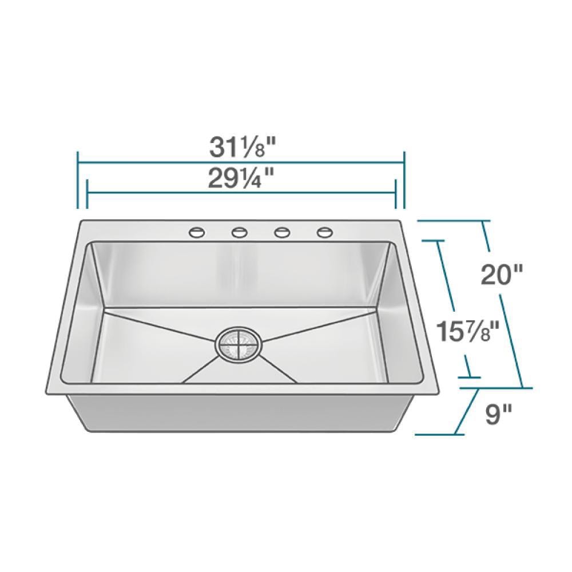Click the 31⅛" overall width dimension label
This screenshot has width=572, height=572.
click(241, 148)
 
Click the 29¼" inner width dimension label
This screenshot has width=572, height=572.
click(241, 179)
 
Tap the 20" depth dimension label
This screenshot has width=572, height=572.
click(502, 275)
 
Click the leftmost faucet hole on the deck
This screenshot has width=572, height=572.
click(196, 232)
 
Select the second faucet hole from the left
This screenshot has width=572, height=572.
click(239, 232)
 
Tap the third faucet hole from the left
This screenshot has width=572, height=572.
click(281, 232)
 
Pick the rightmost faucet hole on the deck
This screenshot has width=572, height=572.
click(324, 232)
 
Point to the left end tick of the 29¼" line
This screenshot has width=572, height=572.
click(87, 194)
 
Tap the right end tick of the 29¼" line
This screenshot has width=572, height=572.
click(395, 194)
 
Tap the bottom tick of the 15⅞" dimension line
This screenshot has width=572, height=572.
click(469, 378)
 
